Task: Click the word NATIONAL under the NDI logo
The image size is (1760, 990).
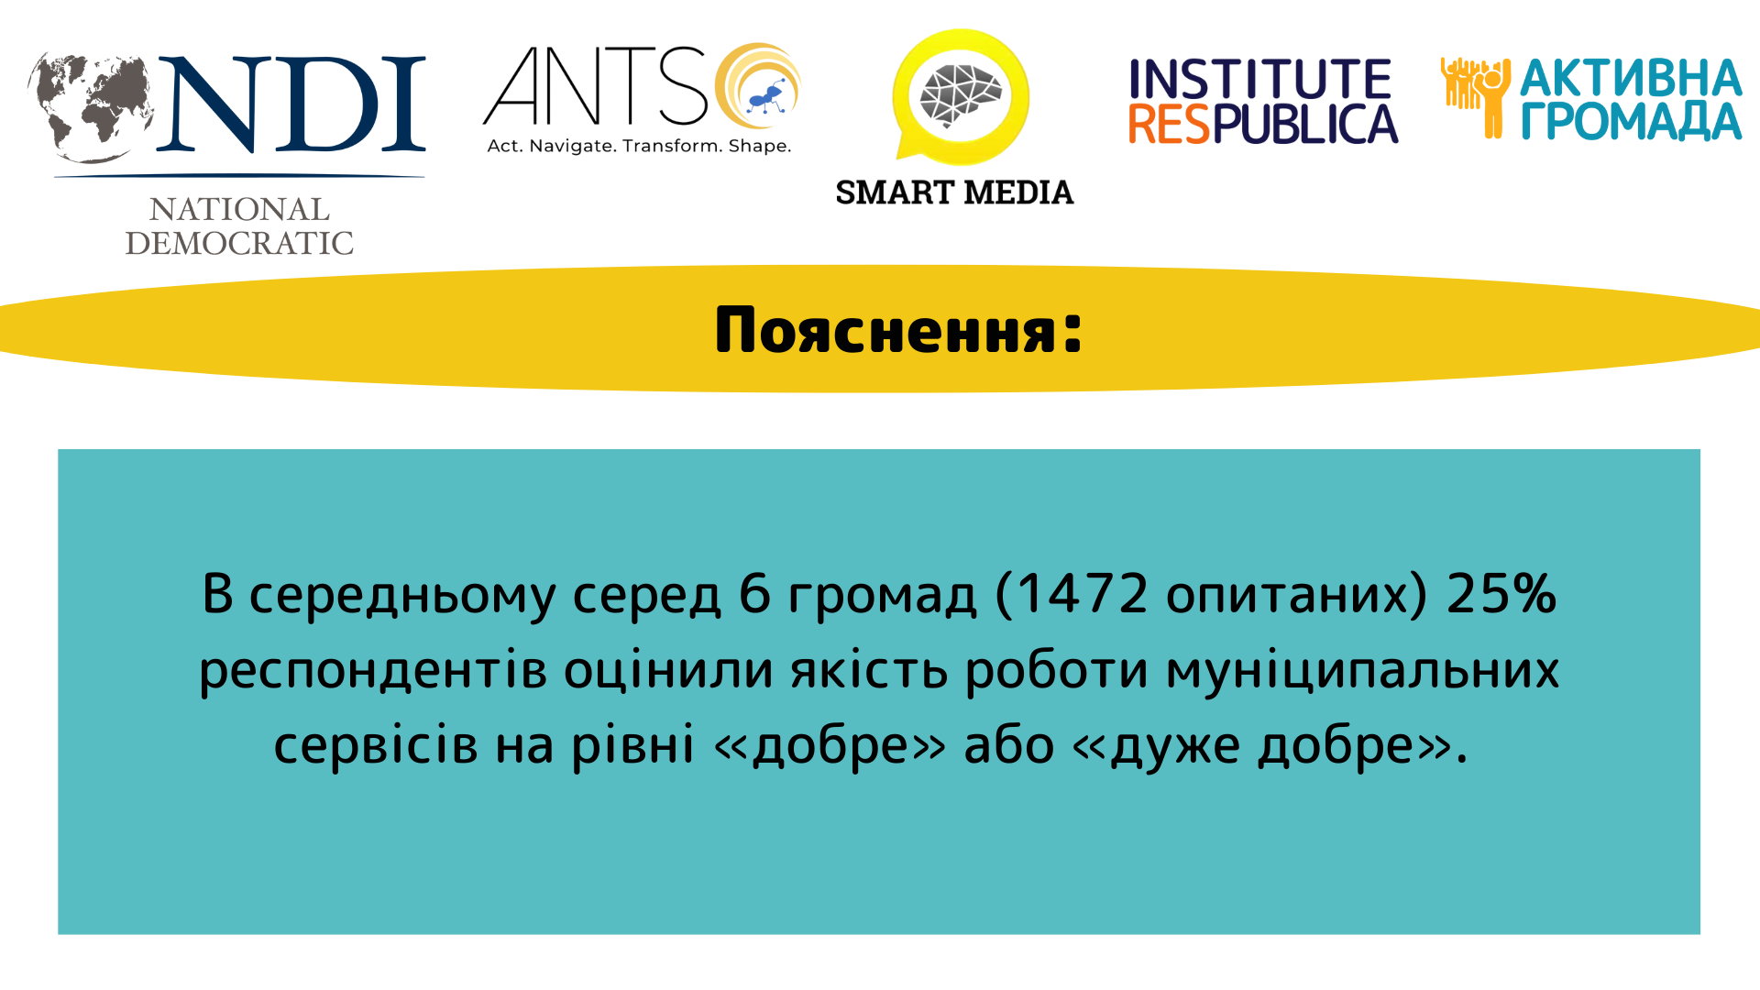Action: (x=239, y=210)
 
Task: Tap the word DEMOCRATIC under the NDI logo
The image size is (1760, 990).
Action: (x=239, y=243)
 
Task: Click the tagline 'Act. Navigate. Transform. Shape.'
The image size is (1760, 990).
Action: (x=639, y=146)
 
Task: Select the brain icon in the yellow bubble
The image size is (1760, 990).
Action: (x=961, y=94)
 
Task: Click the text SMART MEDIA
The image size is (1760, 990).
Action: (x=954, y=192)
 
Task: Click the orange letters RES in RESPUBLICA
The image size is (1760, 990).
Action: (x=1170, y=124)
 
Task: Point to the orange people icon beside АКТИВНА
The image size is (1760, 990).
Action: (x=1476, y=97)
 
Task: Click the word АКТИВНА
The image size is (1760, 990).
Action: (x=1632, y=78)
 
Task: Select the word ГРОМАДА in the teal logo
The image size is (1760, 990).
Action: (x=1632, y=121)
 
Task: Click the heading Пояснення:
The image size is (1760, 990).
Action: (x=898, y=330)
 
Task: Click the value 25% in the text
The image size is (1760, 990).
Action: (x=1501, y=593)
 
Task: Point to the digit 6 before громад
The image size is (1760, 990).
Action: (x=754, y=593)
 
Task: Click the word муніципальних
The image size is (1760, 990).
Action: (x=1362, y=671)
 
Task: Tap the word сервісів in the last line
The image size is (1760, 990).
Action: (x=376, y=744)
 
